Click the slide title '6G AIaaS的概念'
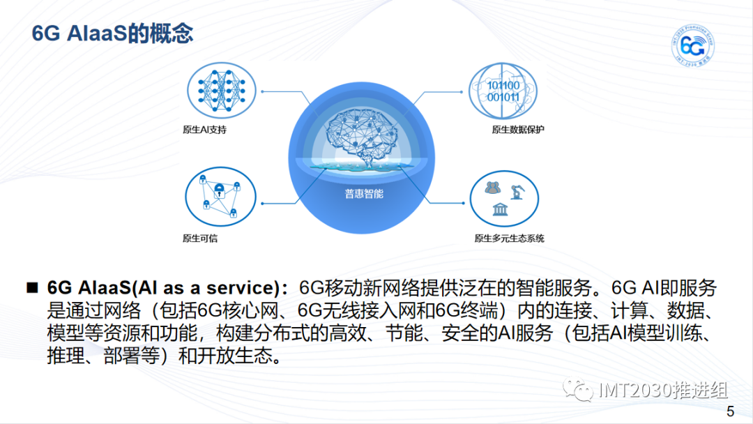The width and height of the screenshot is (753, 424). click(112, 33)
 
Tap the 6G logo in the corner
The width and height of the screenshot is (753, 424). click(692, 46)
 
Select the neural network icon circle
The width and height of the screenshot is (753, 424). click(222, 90)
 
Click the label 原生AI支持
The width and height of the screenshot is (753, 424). click(204, 130)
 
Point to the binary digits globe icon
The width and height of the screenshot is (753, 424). click(503, 91)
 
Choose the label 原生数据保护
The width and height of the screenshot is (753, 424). click(517, 130)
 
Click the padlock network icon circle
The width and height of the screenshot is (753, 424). click(220, 197)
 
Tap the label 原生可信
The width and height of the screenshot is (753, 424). click(200, 238)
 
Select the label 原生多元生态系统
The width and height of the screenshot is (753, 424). click(509, 238)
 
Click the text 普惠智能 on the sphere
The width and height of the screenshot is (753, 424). click(364, 194)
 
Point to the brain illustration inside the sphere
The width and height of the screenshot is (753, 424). click(362, 136)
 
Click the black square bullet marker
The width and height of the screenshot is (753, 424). click(32, 287)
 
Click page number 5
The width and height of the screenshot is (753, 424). click(731, 411)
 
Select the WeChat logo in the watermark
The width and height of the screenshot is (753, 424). click(578, 389)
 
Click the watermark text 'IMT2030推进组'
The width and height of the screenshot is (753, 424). click(663, 390)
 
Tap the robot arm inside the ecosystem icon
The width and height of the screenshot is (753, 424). click(517, 191)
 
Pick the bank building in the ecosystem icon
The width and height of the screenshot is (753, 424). click(501, 209)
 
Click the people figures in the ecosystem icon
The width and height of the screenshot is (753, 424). click(493, 188)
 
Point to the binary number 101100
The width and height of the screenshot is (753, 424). click(503, 86)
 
